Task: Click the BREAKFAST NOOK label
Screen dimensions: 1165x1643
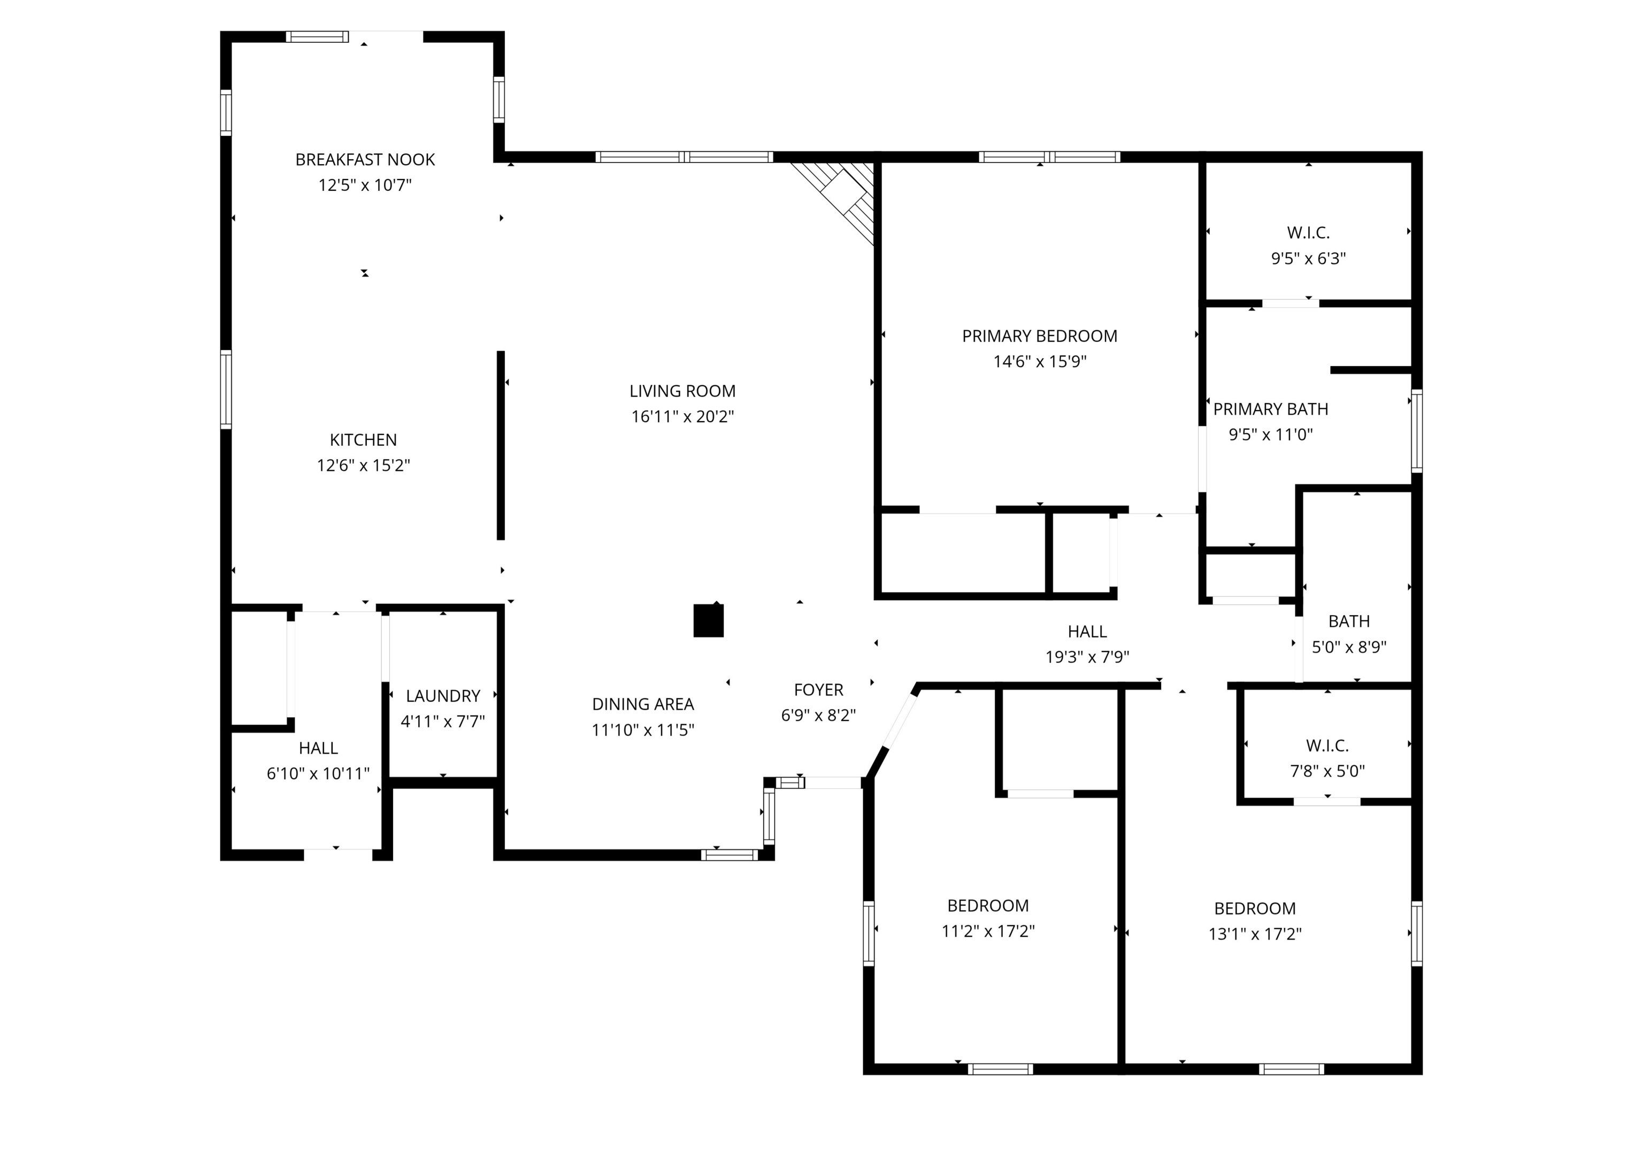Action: point(365,159)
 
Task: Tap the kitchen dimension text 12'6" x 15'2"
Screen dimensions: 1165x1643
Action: point(363,465)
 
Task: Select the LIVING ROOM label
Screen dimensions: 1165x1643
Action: point(682,391)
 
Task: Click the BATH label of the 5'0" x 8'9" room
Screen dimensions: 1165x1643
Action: point(1349,621)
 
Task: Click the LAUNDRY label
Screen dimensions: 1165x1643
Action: point(443,696)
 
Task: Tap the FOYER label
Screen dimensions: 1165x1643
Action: point(818,690)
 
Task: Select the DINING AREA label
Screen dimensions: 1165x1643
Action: point(642,704)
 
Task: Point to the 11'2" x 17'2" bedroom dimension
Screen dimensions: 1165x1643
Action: point(988,931)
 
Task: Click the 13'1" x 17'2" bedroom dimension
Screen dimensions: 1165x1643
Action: point(1255,934)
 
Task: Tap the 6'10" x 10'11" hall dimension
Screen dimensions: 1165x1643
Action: point(318,773)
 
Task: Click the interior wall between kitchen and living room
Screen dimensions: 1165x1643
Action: point(501,445)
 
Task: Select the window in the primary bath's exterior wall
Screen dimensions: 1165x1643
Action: point(1417,430)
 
